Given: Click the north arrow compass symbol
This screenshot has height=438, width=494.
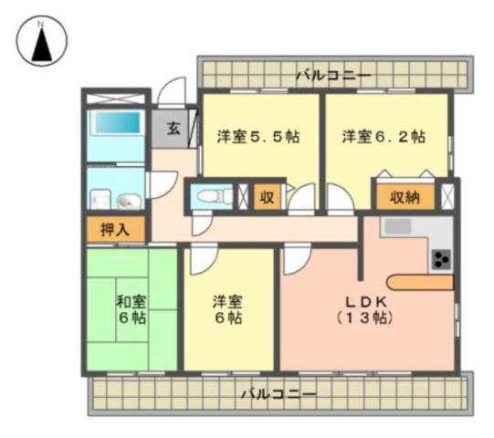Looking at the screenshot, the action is pyautogui.click(x=42, y=41).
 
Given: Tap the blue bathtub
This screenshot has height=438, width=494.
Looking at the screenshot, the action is pyautogui.click(x=117, y=122).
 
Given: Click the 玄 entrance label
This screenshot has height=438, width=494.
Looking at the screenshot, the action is pyautogui.click(x=173, y=128).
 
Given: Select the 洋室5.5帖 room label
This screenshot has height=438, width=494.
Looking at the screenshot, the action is pyautogui.click(x=258, y=137).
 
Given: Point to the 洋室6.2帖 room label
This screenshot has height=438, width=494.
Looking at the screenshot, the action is pyautogui.click(x=384, y=137).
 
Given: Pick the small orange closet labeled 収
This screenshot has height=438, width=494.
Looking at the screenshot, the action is pyautogui.click(x=268, y=197).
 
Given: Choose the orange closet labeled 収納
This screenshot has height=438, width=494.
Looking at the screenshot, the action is pyautogui.click(x=405, y=197).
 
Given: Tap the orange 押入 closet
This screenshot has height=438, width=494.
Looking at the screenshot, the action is pyautogui.click(x=116, y=229).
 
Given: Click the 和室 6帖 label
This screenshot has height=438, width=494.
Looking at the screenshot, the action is pyautogui.click(x=132, y=310).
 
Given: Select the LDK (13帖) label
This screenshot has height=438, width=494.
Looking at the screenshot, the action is pyautogui.click(x=365, y=310).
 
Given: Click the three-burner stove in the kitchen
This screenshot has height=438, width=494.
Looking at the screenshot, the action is pyautogui.click(x=441, y=259).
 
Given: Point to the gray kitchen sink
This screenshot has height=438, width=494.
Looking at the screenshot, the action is pyautogui.click(x=398, y=226).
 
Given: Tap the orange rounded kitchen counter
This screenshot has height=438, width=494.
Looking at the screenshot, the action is pyautogui.click(x=420, y=283).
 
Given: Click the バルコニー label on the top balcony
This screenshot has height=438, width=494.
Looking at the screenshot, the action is pyautogui.click(x=334, y=76).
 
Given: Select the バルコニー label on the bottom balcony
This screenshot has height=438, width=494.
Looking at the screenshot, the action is pyautogui.click(x=279, y=394).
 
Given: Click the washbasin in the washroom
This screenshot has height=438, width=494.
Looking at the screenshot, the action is pyautogui.click(x=129, y=200).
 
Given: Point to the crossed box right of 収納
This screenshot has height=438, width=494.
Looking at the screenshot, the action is pyautogui.click(x=447, y=197).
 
